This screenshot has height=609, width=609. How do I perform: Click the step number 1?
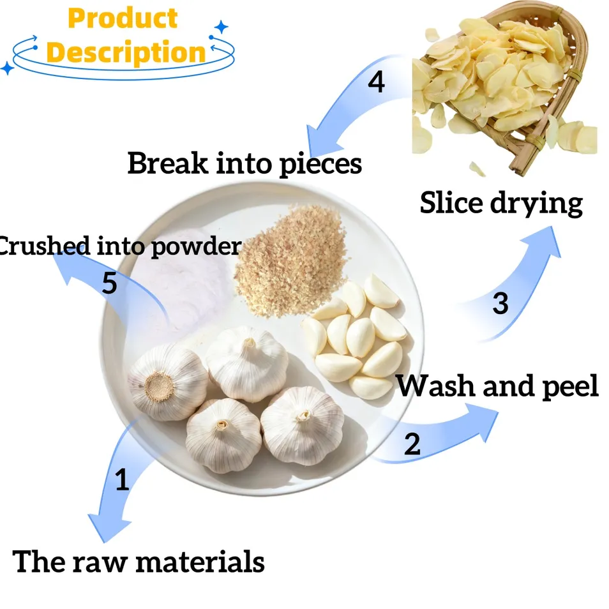coord(122,479)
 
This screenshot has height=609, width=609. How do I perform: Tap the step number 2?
coord(412,444)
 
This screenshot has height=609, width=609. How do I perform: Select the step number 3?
coord(500,303)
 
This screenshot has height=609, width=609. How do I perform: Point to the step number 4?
coord(376,82)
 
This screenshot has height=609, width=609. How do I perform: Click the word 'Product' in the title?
coord(123,18)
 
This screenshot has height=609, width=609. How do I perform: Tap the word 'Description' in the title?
coord(126,52)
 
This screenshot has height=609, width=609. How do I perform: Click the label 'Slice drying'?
coord(501,203)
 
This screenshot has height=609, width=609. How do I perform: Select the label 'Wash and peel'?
coord(497,386)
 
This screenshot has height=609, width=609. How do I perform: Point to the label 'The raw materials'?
coord(139,561)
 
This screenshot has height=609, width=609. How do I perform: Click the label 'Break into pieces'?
coord(244,163)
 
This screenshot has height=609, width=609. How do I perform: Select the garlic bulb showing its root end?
coord(167,382)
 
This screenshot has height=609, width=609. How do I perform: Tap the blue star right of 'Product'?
coord(222,27)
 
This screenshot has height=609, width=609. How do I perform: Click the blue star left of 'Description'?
coord(7,68)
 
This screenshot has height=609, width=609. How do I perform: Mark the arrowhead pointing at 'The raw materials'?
coord(107,526)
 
